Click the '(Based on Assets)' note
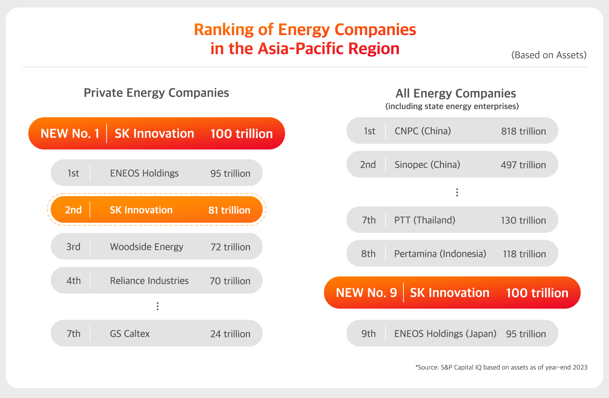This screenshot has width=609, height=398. click(549, 55)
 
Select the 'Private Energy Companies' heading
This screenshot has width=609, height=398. click(156, 93)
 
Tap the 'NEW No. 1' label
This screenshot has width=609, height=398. click(70, 134)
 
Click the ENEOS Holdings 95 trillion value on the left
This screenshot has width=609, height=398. click(230, 173)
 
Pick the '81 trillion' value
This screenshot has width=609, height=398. click(229, 210)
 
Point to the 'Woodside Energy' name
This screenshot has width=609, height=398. click(147, 247)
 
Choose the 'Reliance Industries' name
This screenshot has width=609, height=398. click(149, 281)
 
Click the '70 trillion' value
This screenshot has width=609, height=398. click(230, 281)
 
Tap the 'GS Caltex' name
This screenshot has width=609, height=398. click(130, 334)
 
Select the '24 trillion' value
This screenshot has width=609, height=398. click(230, 334)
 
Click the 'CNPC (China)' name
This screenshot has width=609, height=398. click(422, 131)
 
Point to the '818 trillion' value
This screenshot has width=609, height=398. click(523, 131)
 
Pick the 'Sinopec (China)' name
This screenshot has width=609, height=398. click(427, 165)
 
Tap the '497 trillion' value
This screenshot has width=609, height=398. click(523, 165)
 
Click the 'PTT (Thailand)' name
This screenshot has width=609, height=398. click(424, 220)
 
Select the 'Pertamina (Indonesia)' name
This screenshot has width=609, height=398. click(440, 254)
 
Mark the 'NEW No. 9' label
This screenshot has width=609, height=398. click(366, 293)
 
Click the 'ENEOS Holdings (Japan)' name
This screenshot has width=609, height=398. click(445, 334)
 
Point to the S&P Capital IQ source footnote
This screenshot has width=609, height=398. click(501, 367)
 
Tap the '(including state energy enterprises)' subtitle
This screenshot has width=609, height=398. click(452, 106)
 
